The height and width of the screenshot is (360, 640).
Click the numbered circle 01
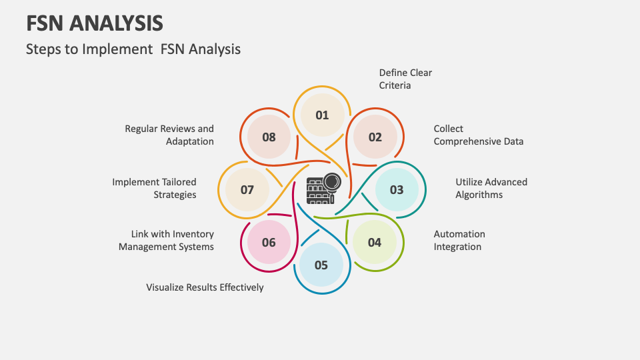(x=322, y=115)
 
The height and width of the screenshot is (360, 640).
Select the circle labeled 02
(x=375, y=137)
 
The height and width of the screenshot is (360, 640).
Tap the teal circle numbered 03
(x=397, y=189)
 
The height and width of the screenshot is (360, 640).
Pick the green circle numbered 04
(x=374, y=243)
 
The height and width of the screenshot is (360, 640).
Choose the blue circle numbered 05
(x=321, y=265)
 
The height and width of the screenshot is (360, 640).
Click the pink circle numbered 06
(x=269, y=243)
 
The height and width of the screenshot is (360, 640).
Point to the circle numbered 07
(x=247, y=189)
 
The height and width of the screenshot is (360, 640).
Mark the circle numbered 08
(x=269, y=137)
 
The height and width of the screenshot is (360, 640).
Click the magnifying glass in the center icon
(x=332, y=184)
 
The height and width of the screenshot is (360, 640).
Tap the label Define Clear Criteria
(x=405, y=79)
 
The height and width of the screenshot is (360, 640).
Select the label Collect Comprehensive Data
(x=479, y=135)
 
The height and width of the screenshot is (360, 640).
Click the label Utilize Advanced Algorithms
(x=491, y=188)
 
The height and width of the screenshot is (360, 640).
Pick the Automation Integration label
(x=459, y=240)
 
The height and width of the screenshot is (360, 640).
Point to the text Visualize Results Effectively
(x=205, y=287)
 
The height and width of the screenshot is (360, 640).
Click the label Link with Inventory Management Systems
(x=166, y=240)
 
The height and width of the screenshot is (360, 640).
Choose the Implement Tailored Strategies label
(x=154, y=188)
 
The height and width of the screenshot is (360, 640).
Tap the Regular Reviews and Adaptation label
(x=169, y=135)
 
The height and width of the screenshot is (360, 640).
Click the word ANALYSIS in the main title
(x=116, y=23)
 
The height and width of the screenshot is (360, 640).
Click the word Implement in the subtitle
(x=117, y=49)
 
